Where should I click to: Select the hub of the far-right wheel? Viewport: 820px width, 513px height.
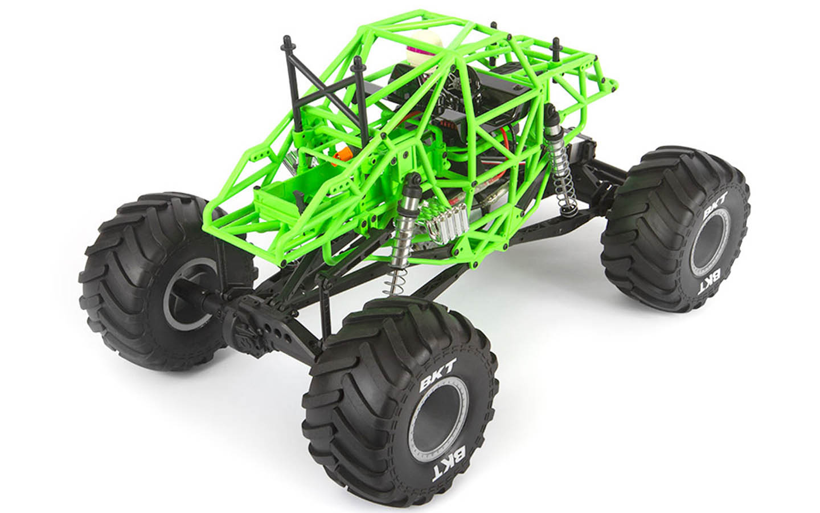(708, 250)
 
